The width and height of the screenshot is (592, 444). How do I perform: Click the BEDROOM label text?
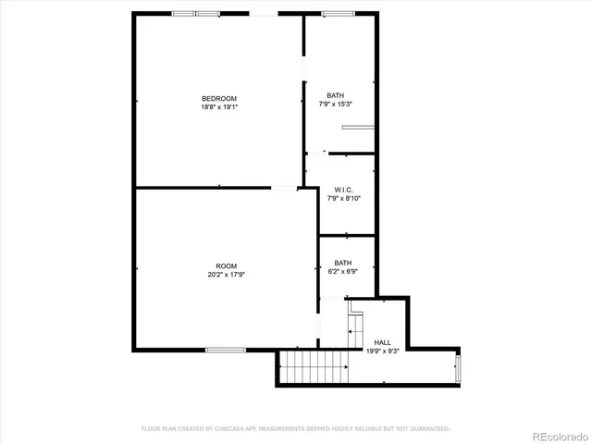click(219, 99)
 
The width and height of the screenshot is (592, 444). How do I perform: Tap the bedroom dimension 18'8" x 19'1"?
click(219, 107)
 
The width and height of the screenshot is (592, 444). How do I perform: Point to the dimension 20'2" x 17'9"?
click(227, 274)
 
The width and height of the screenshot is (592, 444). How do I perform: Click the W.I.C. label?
click(343, 190)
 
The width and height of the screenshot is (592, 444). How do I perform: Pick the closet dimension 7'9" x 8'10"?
click(343, 198)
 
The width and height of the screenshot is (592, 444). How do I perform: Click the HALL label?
click(382, 342)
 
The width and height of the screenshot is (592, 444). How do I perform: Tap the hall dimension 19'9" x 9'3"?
click(382, 351)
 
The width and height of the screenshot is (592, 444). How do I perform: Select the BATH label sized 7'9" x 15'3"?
click(335, 95)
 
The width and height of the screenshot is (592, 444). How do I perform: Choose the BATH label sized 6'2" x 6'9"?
click(342, 263)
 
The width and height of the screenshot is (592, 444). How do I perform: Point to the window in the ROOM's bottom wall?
click(225, 350)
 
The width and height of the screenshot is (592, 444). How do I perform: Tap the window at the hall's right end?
click(457, 367)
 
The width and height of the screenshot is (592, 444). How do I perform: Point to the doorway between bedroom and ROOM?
click(283, 189)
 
